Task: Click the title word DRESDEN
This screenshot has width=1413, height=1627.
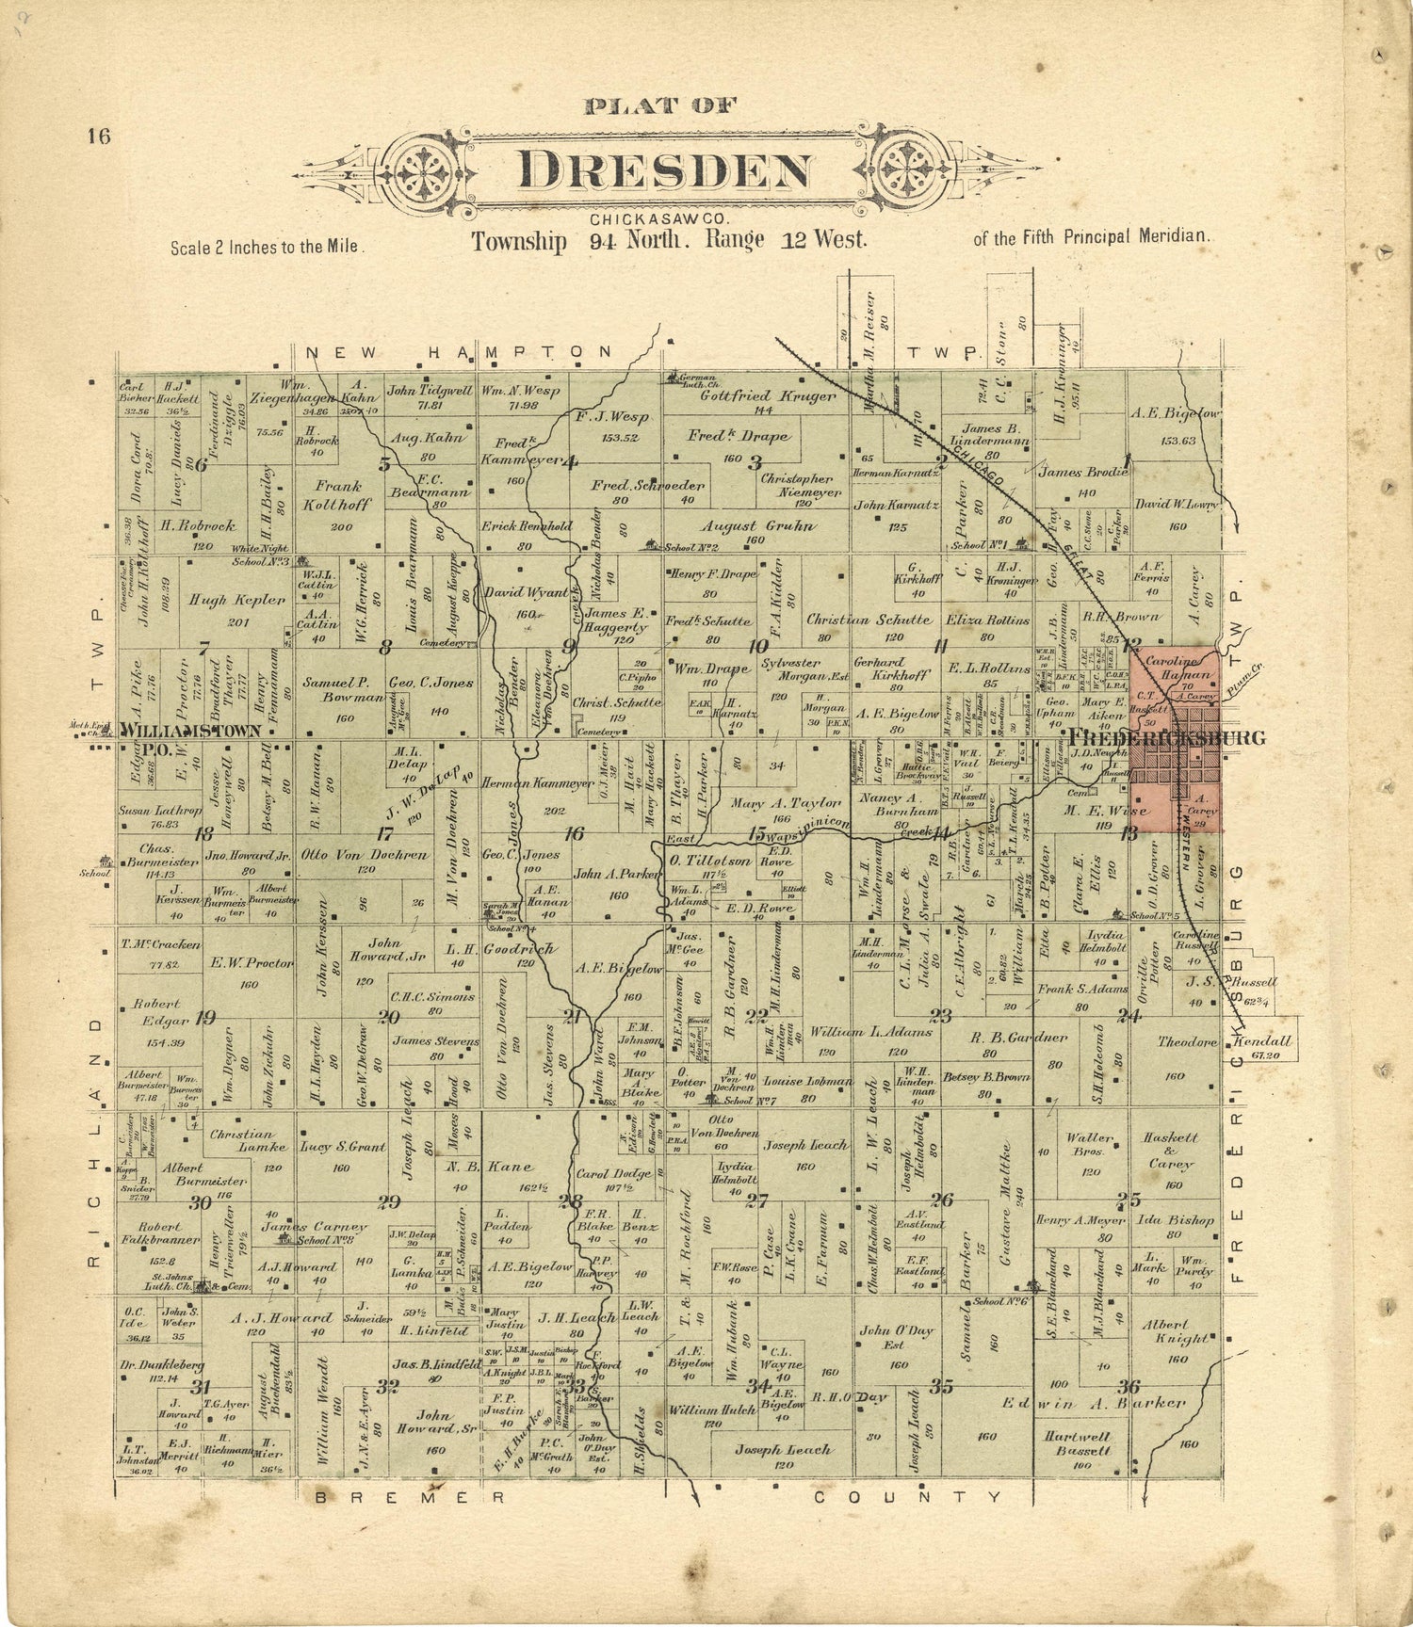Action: [665, 170]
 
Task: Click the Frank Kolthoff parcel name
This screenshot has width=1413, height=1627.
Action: [339, 495]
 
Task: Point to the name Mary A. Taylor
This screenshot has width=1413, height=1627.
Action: [785, 803]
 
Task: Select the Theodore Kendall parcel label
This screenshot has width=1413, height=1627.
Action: [1225, 1042]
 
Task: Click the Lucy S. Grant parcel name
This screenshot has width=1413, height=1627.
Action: [343, 1148]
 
